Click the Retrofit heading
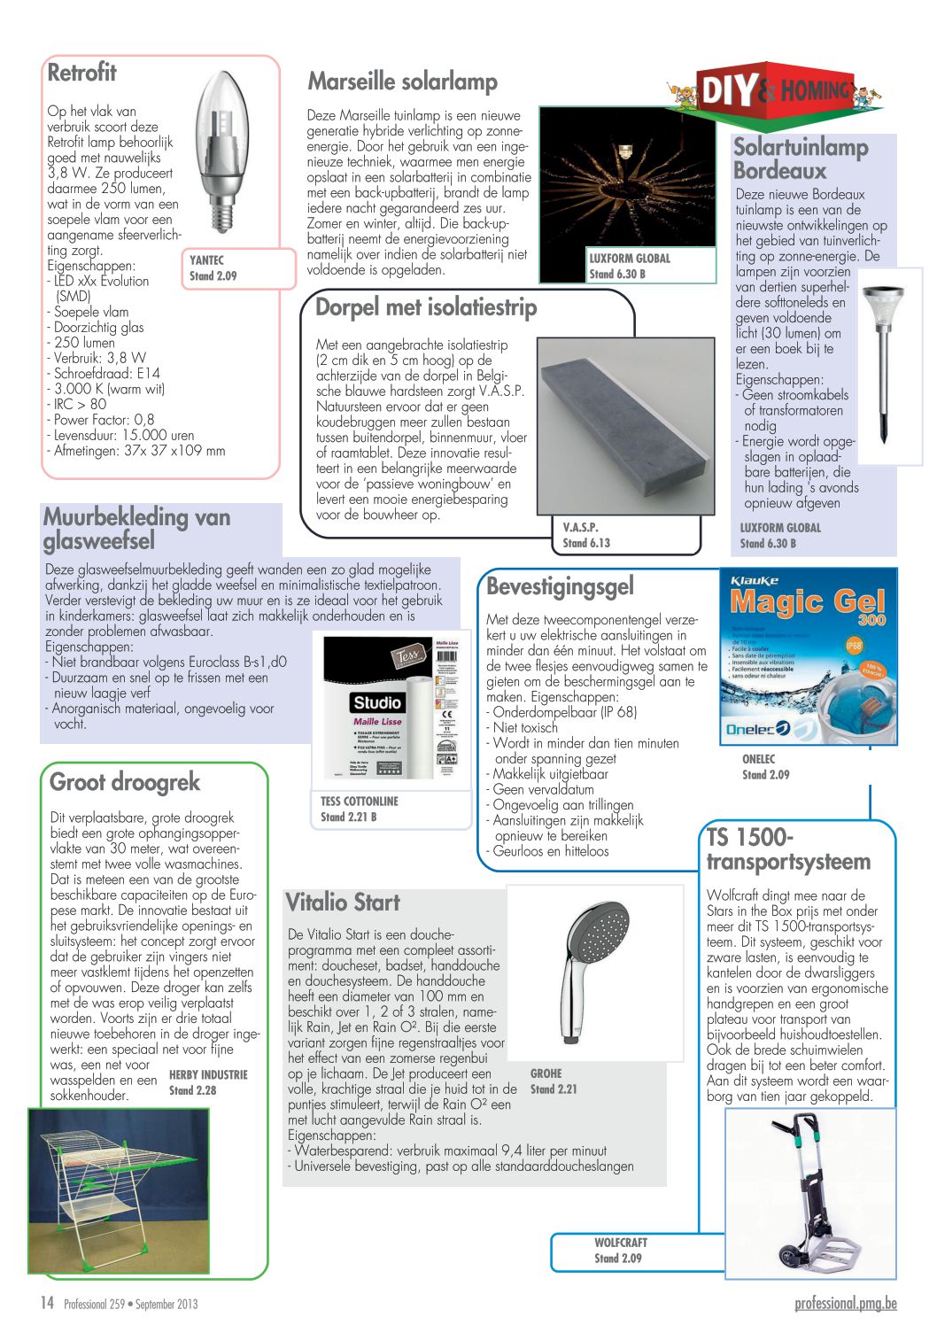81,73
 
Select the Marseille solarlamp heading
402,81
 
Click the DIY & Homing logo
776,90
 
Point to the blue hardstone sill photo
625,427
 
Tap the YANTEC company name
206,260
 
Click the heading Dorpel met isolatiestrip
426,307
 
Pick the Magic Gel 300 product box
808,656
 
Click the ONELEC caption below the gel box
758,759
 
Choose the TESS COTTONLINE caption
359,802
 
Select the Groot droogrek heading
125,782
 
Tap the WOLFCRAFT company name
620,1243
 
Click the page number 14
47,1303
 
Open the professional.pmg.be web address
845,1303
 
